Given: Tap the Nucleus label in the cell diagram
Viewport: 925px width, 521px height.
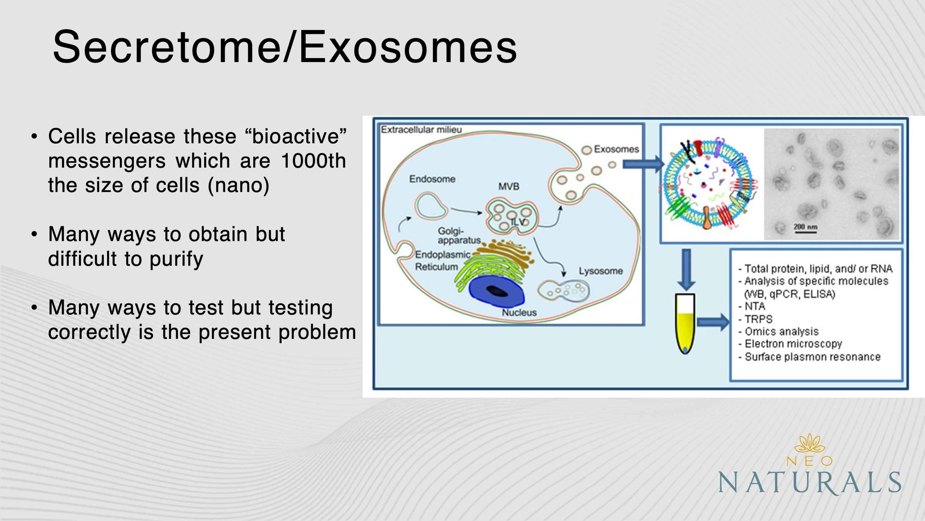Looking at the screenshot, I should coord(519,313).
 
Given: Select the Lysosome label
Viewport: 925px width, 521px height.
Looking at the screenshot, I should coord(601,271).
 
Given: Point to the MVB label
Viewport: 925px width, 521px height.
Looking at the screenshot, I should coord(509,187).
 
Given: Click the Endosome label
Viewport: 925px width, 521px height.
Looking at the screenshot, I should coord(432,179).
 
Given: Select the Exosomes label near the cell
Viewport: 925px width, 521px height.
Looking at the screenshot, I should coord(616,149).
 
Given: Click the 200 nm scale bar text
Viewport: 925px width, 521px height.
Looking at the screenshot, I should coord(805,227).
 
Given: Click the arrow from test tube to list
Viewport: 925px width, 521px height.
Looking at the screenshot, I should coord(712,322).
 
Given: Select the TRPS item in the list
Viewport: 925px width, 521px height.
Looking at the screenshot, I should coord(758,319).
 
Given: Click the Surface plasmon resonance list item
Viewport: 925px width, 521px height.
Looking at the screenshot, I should coord(812,357).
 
